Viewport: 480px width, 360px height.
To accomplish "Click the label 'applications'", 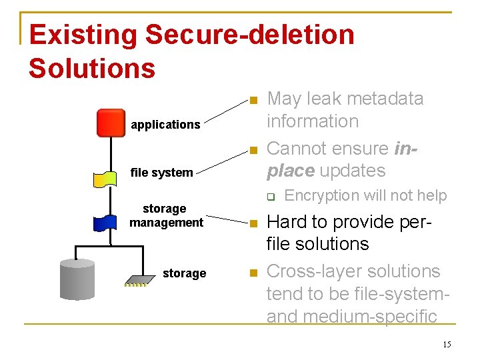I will pos(165,125).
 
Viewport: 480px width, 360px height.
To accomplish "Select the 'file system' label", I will pos(161,173).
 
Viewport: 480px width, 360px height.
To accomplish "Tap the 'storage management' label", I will pos(166,215).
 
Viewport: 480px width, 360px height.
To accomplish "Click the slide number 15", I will pos(446,344).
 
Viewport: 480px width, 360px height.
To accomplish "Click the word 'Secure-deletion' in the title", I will pos(250,35).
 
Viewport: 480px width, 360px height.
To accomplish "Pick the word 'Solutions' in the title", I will pos(92,68).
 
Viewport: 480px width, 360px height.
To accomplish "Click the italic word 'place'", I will pos(291,171).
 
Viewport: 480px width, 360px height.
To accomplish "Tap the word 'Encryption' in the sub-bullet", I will pos(321,195).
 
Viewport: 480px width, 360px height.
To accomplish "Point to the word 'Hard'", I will pos(288,221).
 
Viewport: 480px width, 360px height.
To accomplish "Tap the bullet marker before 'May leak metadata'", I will pos(252,100).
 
